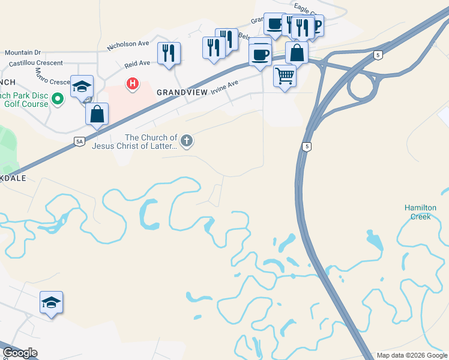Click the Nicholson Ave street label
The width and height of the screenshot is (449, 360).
pos(127,44)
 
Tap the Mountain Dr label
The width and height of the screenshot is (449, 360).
pos(22,53)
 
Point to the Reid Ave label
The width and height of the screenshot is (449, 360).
pos(137,63)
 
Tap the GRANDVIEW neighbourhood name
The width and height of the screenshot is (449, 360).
pos(182,92)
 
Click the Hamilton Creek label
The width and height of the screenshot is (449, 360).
pos(417,212)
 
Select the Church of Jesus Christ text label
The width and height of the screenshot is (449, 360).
pos(134,142)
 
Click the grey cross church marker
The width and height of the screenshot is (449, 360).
pos(187,142)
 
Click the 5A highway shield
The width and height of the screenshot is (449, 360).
pos(79,142)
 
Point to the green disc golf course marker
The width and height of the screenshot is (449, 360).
pos(58,98)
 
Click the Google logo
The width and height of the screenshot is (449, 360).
pos(20,353)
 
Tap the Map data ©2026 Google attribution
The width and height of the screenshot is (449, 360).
pos(412,355)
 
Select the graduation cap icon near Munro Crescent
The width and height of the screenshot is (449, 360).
pos(82,86)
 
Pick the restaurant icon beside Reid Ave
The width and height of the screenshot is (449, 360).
pos(169,53)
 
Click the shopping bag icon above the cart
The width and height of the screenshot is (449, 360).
pos(297,52)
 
